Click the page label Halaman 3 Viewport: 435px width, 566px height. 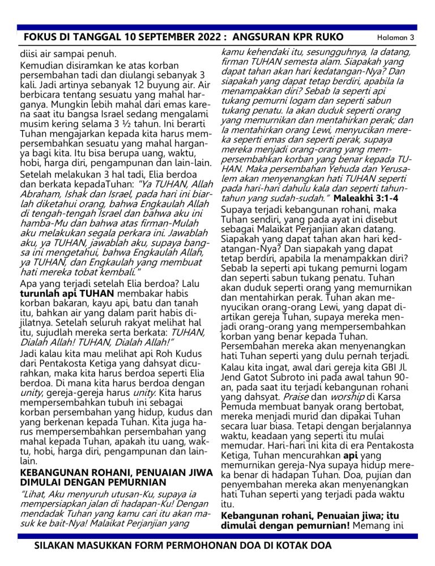[396, 37]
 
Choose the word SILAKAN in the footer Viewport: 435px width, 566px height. [57, 546]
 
